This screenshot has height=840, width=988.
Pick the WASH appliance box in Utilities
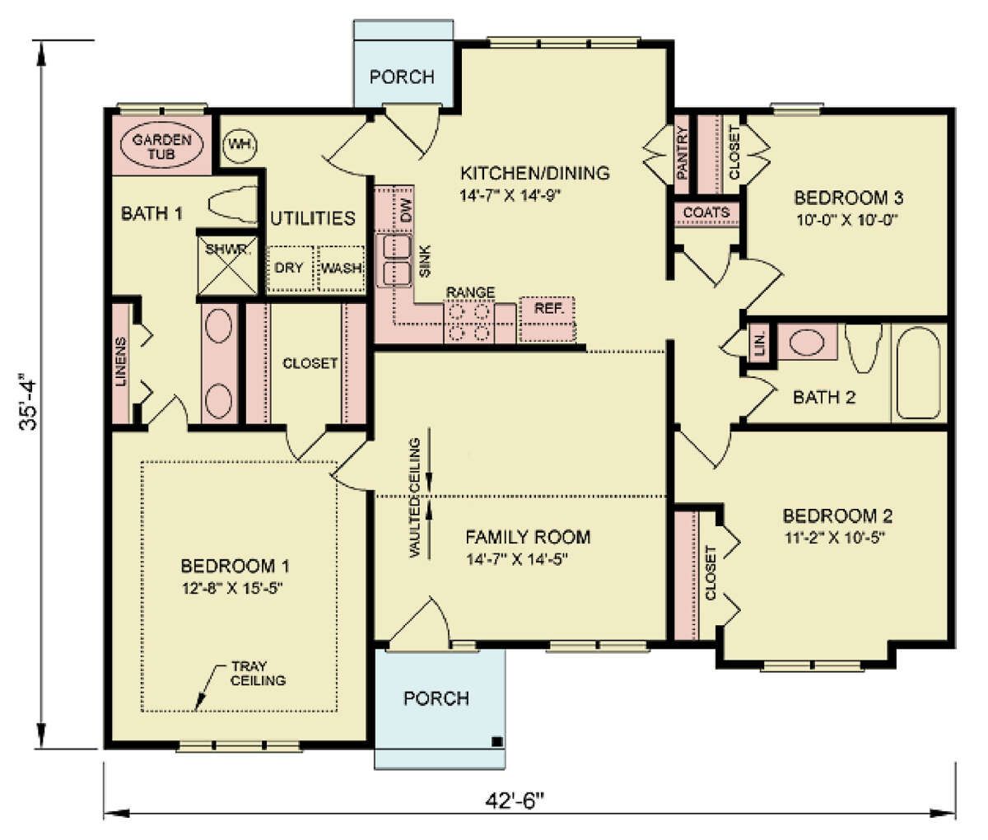pos(341,268)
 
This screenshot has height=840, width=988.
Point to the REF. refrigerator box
pos(548,319)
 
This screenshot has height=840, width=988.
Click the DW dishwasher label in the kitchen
pos(406,210)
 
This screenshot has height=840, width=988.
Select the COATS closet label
pos(706,212)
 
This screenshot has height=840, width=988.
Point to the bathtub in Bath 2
pos(918,373)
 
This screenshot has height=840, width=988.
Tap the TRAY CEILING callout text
pos(258,674)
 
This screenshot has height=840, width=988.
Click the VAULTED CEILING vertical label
pos(414,497)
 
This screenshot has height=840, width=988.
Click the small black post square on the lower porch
pos(497,741)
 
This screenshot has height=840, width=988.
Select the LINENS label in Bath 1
pos(121,362)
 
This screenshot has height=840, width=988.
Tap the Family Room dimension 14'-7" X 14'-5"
pos(516,559)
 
